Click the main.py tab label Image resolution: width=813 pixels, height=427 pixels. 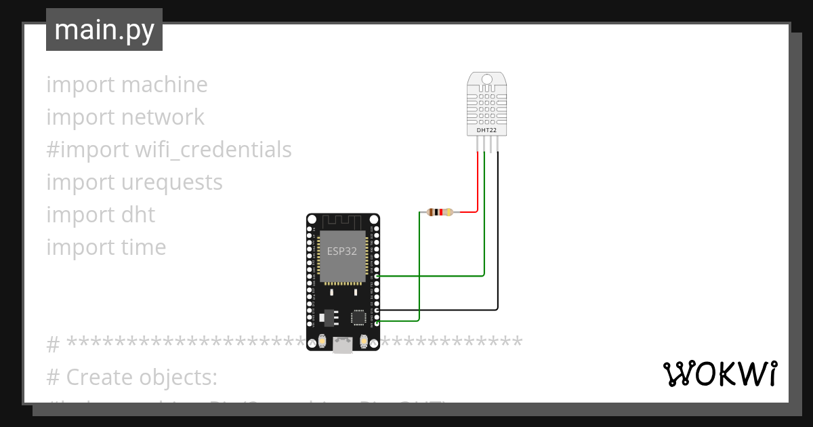tap(104, 30)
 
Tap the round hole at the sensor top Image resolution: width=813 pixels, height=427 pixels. tap(486, 80)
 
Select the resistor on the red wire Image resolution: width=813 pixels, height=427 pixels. tap(440, 212)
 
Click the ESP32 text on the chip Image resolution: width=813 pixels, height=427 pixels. tap(342, 251)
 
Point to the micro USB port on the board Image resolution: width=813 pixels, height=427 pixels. tap(343, 345)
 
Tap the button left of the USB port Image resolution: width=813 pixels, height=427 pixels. tap(322, 342)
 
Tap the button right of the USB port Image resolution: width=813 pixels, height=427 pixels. tap(364, 342)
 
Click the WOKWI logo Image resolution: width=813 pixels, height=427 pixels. tap(719, 373)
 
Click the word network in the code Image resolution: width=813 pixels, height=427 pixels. tap(163, 117)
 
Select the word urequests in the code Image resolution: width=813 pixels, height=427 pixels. tap(172, 182)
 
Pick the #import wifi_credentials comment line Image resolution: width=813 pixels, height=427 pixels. tap(169, 149)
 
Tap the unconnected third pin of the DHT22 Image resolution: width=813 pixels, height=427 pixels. tap(491, 144)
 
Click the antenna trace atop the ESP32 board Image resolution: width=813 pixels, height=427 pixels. tap(342, 222)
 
